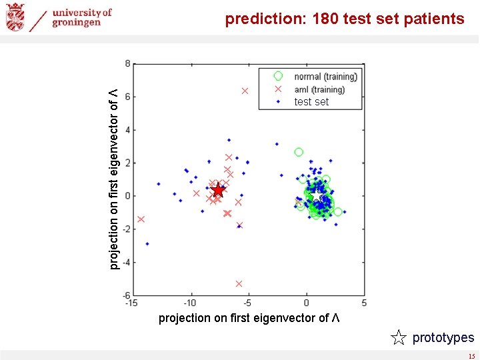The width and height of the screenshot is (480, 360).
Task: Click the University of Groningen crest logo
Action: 15,17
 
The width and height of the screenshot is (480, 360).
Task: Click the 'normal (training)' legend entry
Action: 325,77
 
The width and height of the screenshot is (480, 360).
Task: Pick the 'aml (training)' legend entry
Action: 319,89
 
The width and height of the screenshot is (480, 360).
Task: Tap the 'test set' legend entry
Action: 311,102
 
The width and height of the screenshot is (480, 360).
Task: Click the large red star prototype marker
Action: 218,190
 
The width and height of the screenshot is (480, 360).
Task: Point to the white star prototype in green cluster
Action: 318,197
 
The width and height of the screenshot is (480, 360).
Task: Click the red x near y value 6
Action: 245,91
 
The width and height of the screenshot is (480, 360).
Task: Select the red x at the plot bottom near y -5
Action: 239,284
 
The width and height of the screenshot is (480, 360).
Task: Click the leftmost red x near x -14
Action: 141,219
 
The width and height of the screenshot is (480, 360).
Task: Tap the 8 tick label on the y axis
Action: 127,64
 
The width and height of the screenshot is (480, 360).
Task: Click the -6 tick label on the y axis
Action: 125,295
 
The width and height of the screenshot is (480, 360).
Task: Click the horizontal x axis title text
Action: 249,318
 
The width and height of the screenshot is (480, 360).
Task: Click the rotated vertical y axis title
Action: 115,179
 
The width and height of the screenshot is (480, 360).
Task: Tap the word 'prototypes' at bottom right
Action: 443,338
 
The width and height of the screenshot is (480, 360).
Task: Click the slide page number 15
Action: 471,356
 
